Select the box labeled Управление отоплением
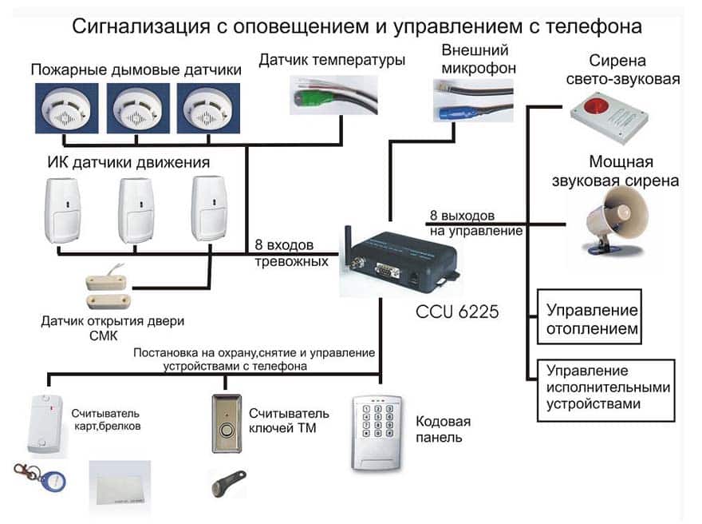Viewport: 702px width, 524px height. (592, 319)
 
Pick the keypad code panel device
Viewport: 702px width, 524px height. (376, 431)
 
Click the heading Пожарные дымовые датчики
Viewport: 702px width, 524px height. (136, 70)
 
